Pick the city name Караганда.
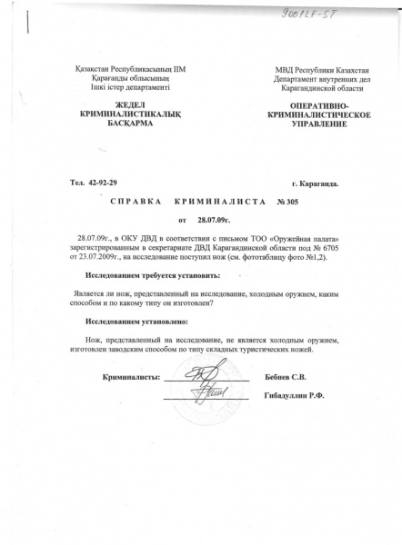(311, 183)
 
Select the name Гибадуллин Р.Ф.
(295, 396)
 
